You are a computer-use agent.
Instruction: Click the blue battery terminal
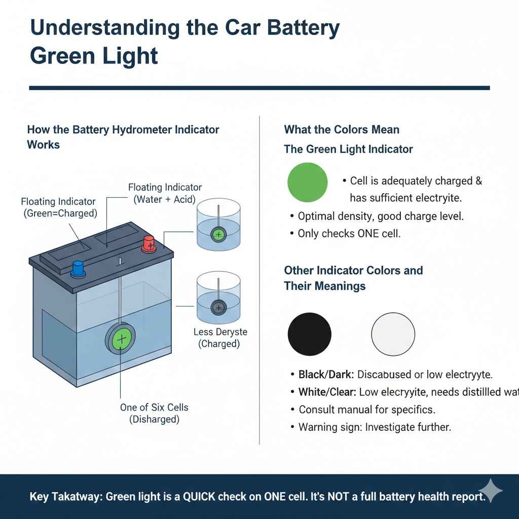pos(78,268)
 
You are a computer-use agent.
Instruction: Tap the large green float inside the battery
pos(121,339)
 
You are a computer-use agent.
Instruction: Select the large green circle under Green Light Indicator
pos(307,182)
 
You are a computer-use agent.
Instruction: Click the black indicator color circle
pos(309,334)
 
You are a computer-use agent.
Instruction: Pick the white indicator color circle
pos(393,334)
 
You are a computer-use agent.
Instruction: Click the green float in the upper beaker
pos(218,234)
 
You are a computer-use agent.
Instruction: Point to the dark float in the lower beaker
pos(218,307)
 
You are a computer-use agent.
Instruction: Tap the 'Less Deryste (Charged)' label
pos(220,338)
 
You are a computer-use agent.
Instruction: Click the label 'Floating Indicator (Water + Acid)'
pos(165,194)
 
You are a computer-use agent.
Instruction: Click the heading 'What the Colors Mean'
pos(342,130)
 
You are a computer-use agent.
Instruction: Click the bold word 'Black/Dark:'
pos(326,375)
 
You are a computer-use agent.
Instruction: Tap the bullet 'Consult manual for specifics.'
pos(366,409)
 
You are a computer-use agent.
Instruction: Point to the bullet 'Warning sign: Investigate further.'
pos(374,427)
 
